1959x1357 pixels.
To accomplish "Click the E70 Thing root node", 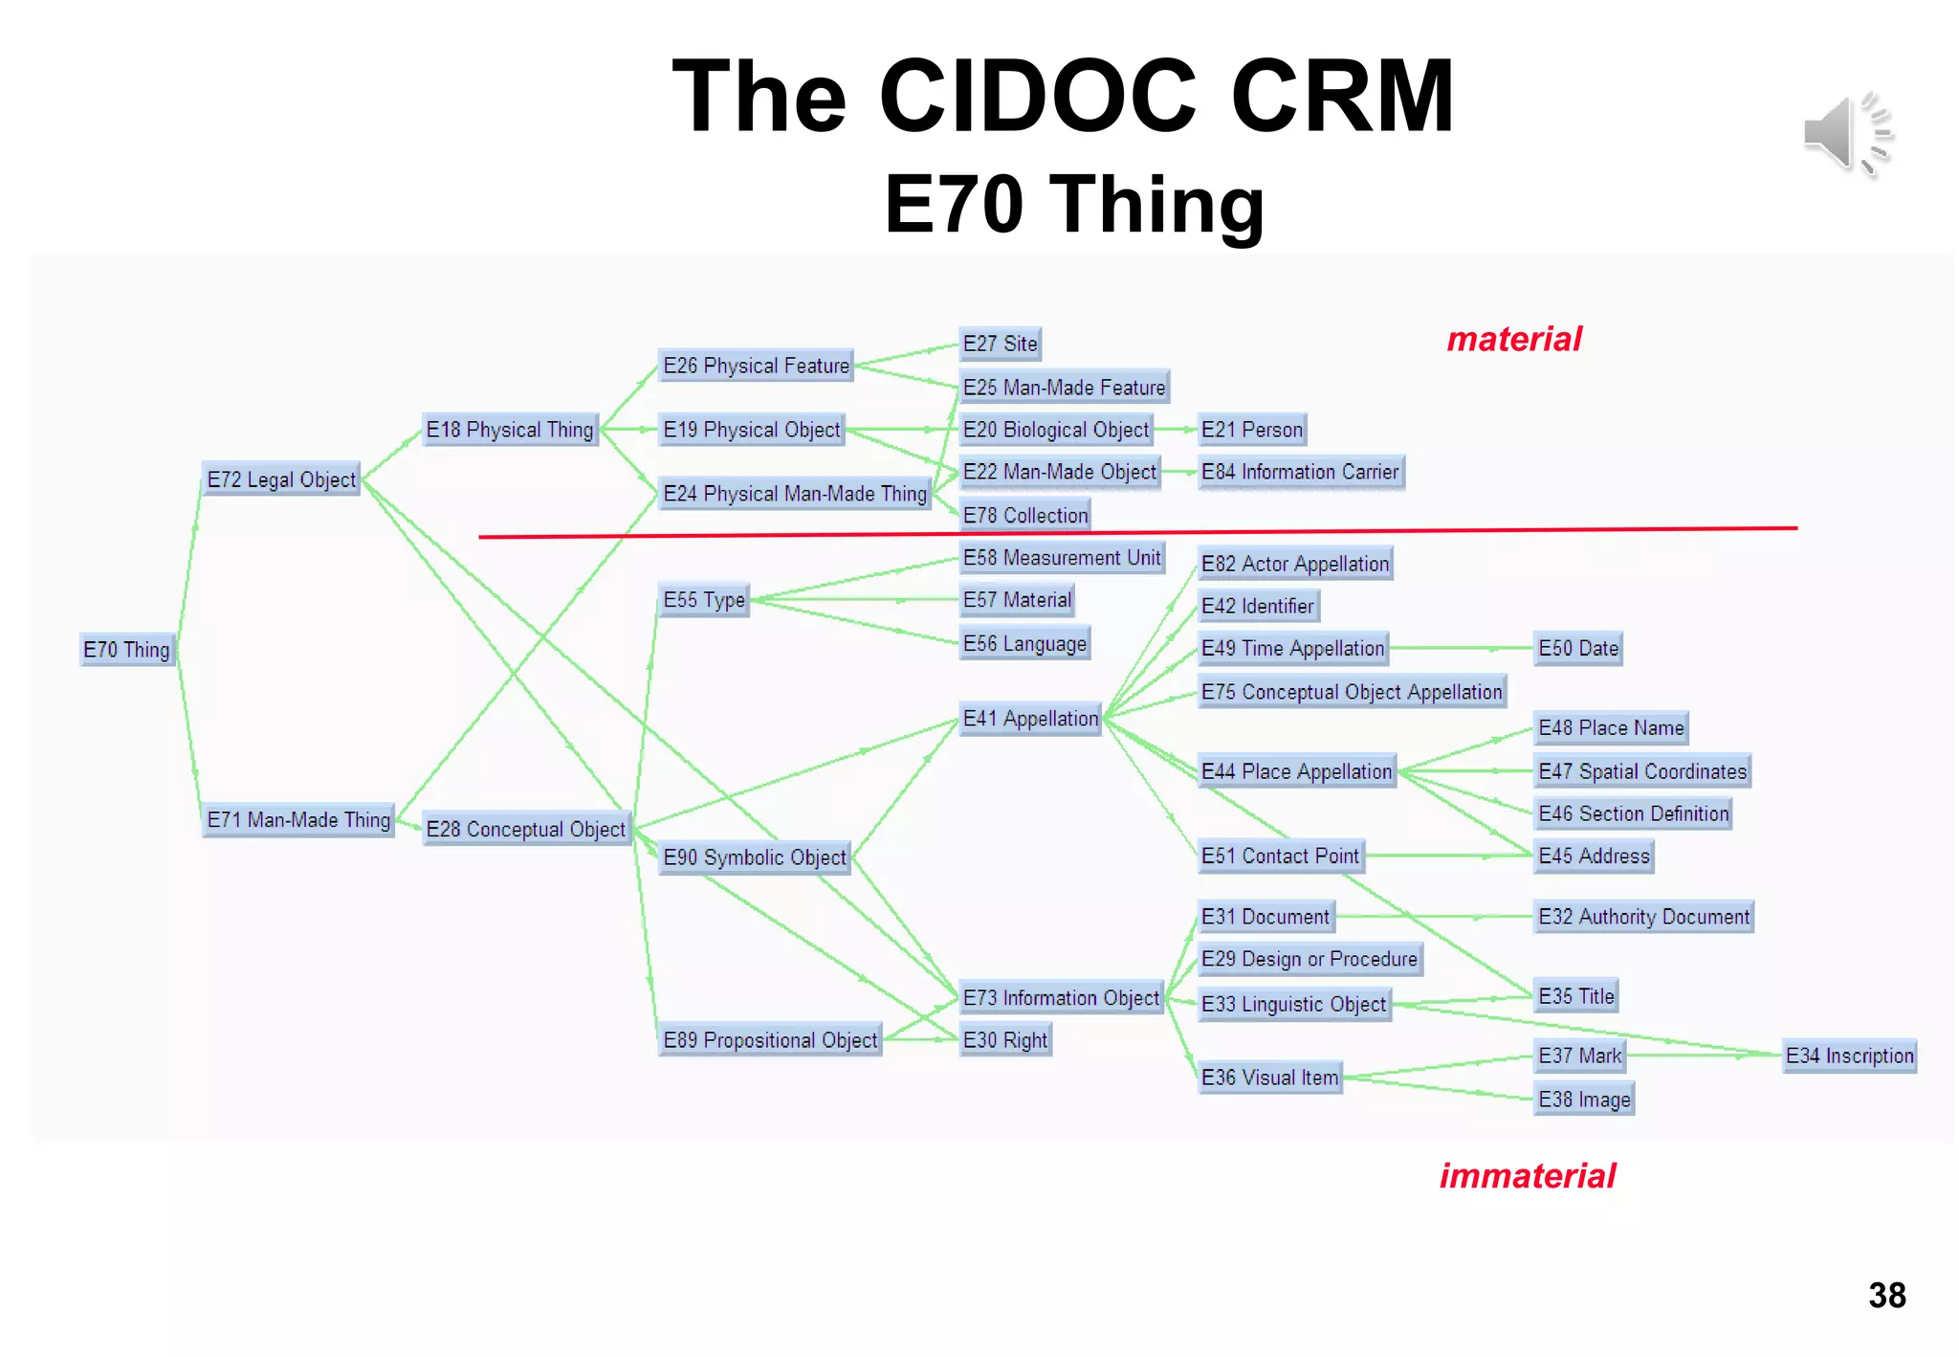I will tap(126, 650).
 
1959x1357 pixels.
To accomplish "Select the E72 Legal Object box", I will tap(281, 479).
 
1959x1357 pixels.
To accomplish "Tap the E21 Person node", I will tap(1252, 430).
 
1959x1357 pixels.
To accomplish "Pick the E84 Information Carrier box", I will tap(1300, 472).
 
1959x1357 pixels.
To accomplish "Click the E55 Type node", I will tap(704, 600).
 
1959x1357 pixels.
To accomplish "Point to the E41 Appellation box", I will tap(1030, 719).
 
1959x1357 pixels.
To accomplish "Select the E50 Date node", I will tap(1578, 648).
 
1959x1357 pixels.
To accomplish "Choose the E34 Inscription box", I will tap(1849, 1056).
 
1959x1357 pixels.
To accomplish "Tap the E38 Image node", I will tap(1584, 1100).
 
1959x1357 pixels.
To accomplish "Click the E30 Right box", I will tap(1005, 1040).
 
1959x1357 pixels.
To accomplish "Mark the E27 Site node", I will tap(1000, 344).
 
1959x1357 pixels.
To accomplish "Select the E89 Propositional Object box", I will tap(770, 1040).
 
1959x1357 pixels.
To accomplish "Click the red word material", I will tap(1514, 340).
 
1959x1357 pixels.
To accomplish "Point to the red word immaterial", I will tap(1527, 1176).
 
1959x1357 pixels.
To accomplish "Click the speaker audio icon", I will tap(1847, 135).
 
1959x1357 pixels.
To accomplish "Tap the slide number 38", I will tap(1886, 1296).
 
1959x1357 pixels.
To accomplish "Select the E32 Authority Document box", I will tap(1643, 917).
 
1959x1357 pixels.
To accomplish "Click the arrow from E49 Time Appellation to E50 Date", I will tap(1461, 649).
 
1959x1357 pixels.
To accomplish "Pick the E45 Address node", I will tap(1594, 856).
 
